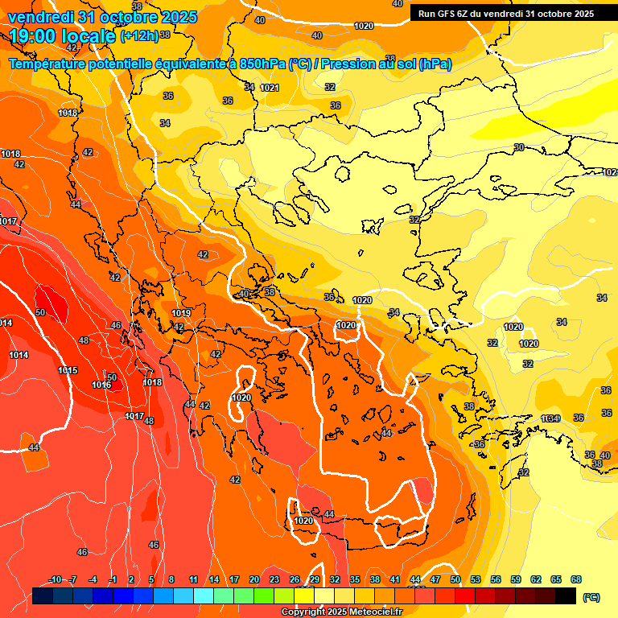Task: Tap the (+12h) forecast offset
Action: point(139,36)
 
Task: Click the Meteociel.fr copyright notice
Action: point(340,612)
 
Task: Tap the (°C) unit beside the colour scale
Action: point(591,596)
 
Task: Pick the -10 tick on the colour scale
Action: point(56,579)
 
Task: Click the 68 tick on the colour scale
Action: point(576,579)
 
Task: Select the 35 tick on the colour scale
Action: point(355,579)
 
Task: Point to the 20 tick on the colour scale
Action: point(254,579)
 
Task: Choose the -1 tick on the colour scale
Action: point(113,579)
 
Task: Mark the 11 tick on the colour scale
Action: point(193,579)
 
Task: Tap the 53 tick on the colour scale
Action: point(476,579)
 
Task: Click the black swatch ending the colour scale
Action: point(566,596)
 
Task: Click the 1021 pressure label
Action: point(270,88)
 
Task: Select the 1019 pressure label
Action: point(181,313)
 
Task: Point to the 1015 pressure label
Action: point(68,370)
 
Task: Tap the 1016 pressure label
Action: point(101,385)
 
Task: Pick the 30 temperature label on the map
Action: point(519,147)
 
